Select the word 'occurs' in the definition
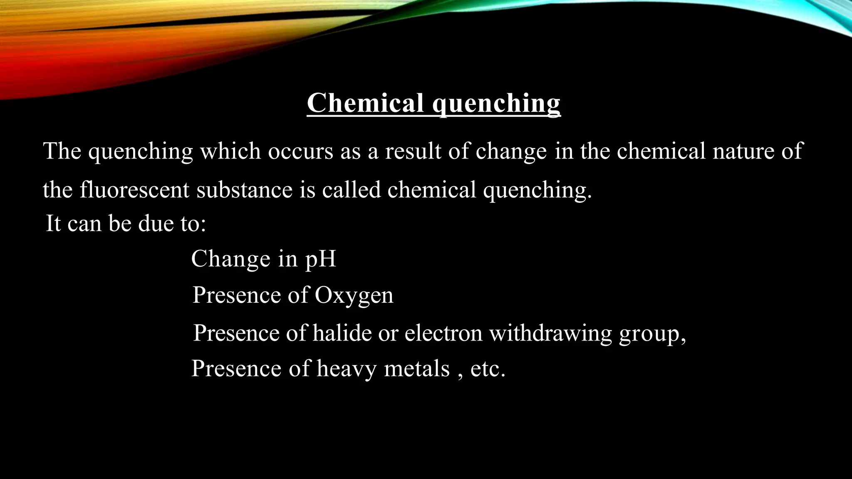[300, 151]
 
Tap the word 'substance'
[244, 190]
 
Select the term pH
[321, 259]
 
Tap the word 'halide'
[342, 333]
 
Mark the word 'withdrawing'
[550, 333]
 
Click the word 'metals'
[417, 369]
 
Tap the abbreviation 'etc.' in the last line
[488, 369]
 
